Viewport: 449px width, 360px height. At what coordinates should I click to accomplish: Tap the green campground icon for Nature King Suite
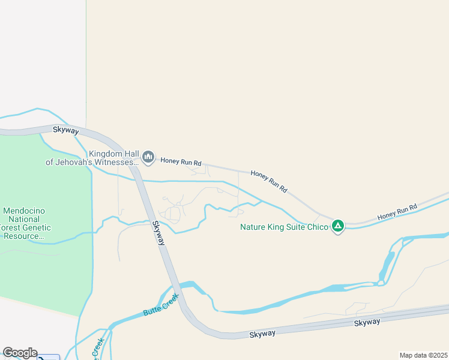tap(338, 226)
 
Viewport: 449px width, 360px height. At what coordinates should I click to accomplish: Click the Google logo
tap(20, 353)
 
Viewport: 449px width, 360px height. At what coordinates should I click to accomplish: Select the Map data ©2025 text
tap(424, 355)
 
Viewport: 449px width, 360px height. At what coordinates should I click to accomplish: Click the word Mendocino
tap(25, 211)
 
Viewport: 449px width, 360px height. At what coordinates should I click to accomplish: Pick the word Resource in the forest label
tap(24, 236)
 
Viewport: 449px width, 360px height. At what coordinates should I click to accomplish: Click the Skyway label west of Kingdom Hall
tap(66, 130)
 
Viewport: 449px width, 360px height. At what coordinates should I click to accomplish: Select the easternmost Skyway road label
tap(367, 323)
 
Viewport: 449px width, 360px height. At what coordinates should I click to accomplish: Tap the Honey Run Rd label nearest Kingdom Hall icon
tap(181, 162)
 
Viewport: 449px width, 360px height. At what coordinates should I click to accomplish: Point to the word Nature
tap(255, 227)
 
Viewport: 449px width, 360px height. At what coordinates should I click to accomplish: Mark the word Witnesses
tap(117, 162)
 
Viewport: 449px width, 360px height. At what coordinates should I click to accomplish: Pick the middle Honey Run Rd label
tap(268, 181)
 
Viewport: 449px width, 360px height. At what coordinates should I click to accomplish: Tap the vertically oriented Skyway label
tap(158, 233)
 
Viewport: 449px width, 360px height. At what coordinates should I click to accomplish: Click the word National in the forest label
tap(25, 220)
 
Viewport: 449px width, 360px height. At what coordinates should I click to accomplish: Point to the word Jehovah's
tap(75, 162)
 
